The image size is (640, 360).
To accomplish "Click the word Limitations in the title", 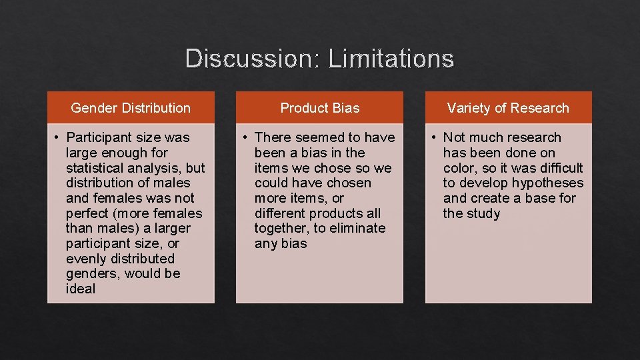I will click(391, 59).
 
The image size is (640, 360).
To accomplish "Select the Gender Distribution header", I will click(131, 108).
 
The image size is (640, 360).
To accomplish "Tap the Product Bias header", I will click(320, 108).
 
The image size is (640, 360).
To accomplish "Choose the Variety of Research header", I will click(508, 108).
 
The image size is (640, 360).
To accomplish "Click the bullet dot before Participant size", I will click(59, 138).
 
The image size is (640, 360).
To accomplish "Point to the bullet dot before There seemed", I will click(247, 138).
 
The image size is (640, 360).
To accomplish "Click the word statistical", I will click(99, 168).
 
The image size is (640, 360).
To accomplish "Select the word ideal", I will click(81, 289).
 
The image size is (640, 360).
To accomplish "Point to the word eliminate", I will click(358, 228).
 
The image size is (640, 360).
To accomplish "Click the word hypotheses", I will click(545, 183).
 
